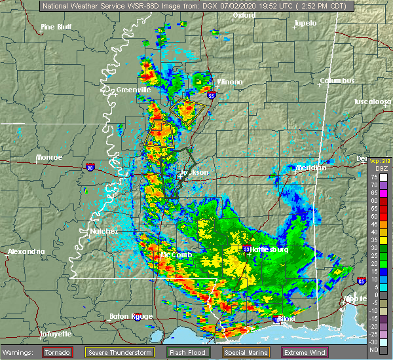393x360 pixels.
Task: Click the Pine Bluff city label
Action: (x=56, y=27)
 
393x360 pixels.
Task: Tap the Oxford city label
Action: (x=244, y=15)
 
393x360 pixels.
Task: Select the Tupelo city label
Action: (x=305, y=23)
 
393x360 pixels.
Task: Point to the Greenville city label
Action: (x=134, y=90)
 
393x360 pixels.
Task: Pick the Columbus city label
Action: (x=337, y=81)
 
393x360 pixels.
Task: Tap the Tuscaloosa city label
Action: (x=373, y=102)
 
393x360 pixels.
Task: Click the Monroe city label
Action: (x=49, y=158)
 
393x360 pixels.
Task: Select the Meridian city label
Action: (x=310, y=168)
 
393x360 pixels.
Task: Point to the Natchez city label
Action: (x=105, y=231)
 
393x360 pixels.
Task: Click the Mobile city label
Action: (x=375, y=298)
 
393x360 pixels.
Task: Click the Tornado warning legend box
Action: (x=57, y=352)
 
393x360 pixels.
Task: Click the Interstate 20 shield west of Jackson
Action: (x=90, y=167)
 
